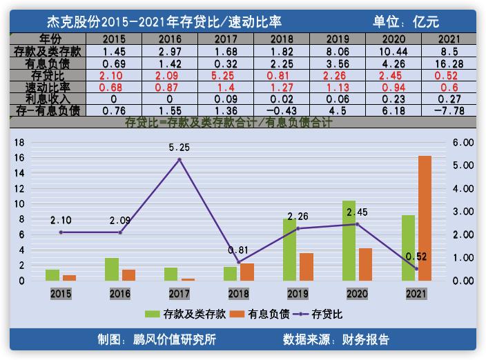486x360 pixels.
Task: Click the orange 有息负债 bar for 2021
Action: click(x=425, y=218)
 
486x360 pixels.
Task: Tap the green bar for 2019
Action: click(x=289, y=250)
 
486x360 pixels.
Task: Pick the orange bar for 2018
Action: click(x=247, y=272)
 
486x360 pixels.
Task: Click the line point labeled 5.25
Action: click(x=179, y=159)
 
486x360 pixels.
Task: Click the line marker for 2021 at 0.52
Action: click(x=416, y=269)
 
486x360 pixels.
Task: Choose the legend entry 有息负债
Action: click(x=262, y=314)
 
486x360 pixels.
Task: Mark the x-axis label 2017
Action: click(x=179, y=294)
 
